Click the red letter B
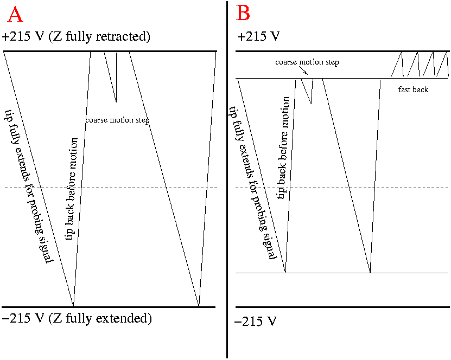pyautogui.click(x=244, y=13)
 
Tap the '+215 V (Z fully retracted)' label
pyautogui.click(x=76, y=37)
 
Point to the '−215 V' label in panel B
pyautogui.click(x=256, y=322)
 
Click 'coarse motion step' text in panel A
pyautogui.click(x=117, y=120)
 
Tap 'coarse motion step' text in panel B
pyautogui.click(x=307, y=62)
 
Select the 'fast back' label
pyautogui.click(x=413, y=89)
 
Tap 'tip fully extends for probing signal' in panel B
pyautogui.click(x=251, y=184)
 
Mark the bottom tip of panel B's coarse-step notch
pyautogui.click(x=311, y=103)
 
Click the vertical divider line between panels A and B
pyautogui.click(x=227, y=179)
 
